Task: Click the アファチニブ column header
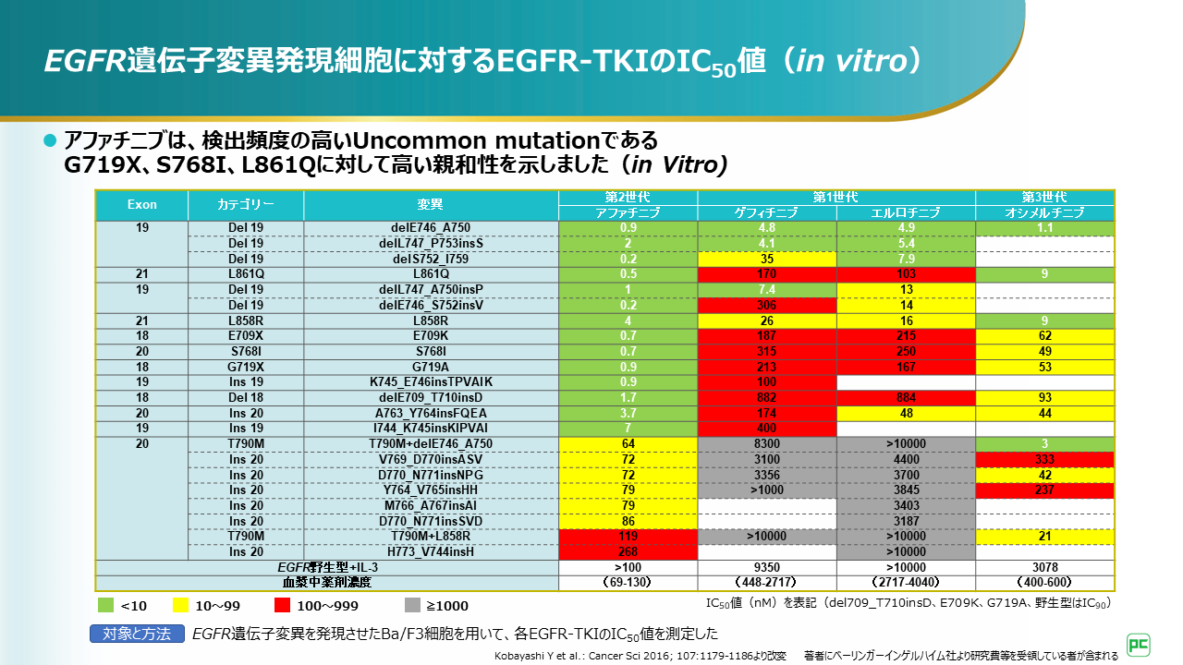click(628, 212)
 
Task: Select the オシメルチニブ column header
click(1044, 212)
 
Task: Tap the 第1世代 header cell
click(835, 197)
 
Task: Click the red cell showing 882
click(766, 397)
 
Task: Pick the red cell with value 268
click(628, 551)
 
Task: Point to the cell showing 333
click(1044, 459)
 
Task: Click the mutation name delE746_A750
click(431, 227)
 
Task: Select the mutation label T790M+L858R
click(431, 536)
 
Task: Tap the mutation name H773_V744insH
click(431, 551)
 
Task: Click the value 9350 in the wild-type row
click(766, 567)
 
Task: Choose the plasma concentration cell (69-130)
click(628, 583)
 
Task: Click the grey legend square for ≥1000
click(413, 606)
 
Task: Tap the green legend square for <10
click(106, 606)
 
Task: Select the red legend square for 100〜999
click(282, 606)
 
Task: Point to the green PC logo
click(1137, 643)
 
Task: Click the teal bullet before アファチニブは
click(51, 140)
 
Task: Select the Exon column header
click(142, 204)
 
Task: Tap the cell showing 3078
click(1044, 567)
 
